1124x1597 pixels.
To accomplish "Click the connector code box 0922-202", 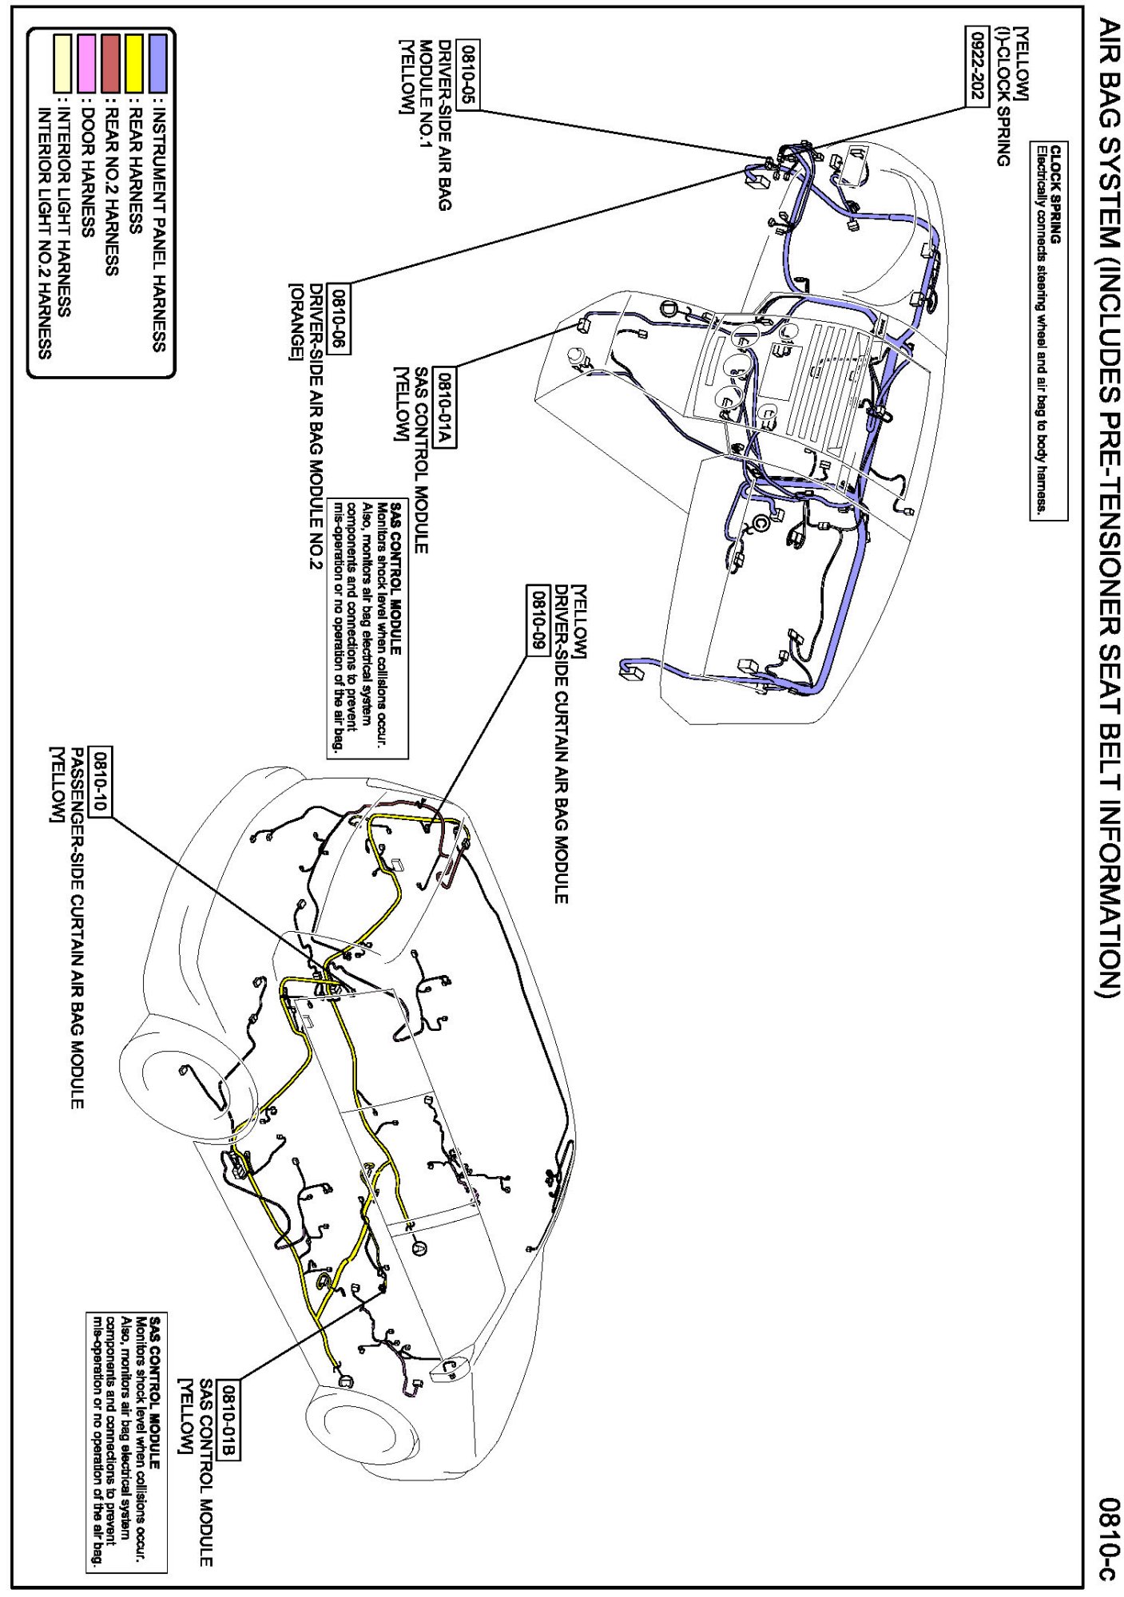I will click(976, 65).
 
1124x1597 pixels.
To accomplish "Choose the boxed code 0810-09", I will click(538, 619).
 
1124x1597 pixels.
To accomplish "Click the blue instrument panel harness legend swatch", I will click(158, 62).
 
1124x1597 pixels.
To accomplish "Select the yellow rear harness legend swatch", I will click(133, 62).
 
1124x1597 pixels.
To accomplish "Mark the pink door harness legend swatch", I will click(86, 62).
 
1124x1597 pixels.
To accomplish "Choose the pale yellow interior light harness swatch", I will click(62, 62).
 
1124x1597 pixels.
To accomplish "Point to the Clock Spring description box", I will click(1048, 327).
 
